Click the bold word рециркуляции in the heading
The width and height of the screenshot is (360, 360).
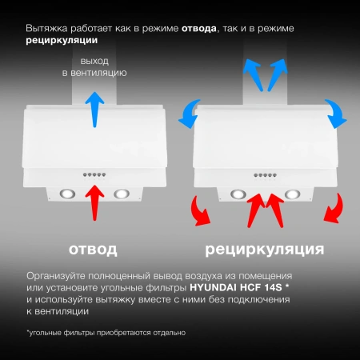tap(62, 40)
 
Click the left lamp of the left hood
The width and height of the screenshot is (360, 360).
tap(66, 193)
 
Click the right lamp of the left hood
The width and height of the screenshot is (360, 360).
tap(122, 193)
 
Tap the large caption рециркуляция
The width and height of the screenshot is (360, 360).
tap(265, 250)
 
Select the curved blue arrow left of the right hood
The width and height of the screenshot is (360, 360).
tap(190, 112)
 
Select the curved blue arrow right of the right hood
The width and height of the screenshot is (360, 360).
tap(337, 112)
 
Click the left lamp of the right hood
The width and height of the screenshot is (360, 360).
tap(238, 193)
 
